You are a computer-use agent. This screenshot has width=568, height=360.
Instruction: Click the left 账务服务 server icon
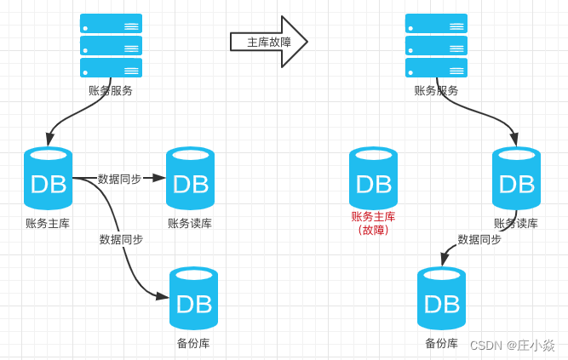111,45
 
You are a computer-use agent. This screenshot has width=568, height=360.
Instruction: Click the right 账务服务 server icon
436,45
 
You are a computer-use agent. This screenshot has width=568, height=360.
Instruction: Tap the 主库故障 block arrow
268,42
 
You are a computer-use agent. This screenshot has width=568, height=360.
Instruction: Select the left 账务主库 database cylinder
48,179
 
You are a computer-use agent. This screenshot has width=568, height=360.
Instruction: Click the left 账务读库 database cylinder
190,179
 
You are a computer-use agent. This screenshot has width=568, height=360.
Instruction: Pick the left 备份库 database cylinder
193,299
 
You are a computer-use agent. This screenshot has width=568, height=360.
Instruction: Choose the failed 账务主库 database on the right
373,179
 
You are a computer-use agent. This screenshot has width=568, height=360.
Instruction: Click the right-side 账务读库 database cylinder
516,179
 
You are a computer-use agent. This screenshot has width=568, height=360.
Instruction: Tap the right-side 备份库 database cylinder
441,299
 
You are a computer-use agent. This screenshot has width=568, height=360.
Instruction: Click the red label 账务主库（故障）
373,223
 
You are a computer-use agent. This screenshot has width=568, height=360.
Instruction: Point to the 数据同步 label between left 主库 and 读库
119,179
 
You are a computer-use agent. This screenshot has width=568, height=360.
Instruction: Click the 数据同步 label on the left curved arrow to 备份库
121,239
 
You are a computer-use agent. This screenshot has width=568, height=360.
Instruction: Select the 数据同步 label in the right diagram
479,239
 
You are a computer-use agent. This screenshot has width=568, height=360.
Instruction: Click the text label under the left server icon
111,90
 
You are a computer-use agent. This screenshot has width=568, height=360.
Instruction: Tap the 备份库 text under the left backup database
193,343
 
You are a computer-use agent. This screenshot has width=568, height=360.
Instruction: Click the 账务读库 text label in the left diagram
190,223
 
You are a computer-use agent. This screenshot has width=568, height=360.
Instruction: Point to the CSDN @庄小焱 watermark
513,345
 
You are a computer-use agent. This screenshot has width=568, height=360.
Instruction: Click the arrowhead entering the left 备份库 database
162,295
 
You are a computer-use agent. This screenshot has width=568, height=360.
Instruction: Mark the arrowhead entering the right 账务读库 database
515,140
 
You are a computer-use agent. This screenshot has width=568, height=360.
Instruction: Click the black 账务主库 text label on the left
48,223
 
